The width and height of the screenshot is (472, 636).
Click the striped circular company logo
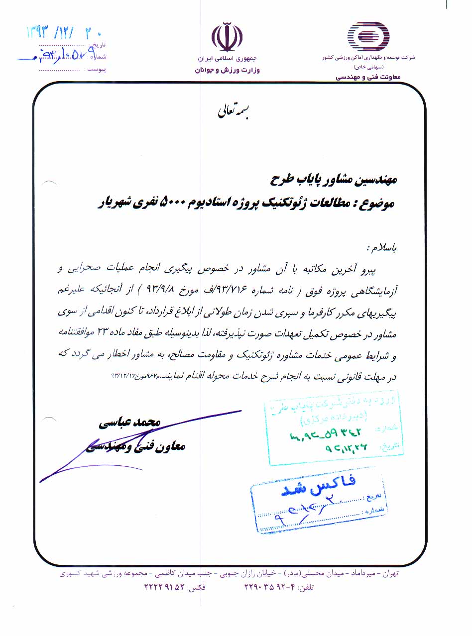[368, 34]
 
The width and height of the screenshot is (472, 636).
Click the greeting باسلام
[382, 247]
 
